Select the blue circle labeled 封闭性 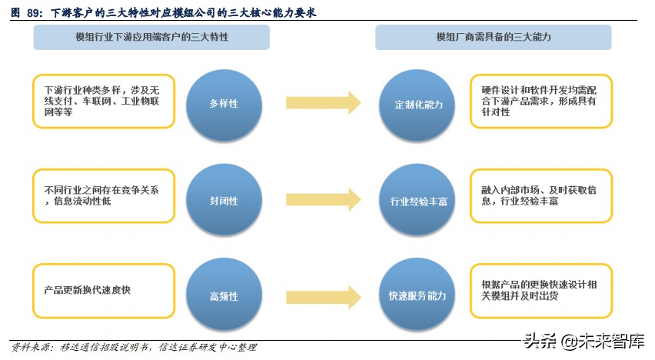[223, 201]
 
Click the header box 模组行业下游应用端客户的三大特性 [151, 37]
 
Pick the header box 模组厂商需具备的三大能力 [494, 37]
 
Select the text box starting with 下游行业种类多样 [105, 101]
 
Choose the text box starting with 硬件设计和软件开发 [541, 101]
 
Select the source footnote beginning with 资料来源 [134, 348]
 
